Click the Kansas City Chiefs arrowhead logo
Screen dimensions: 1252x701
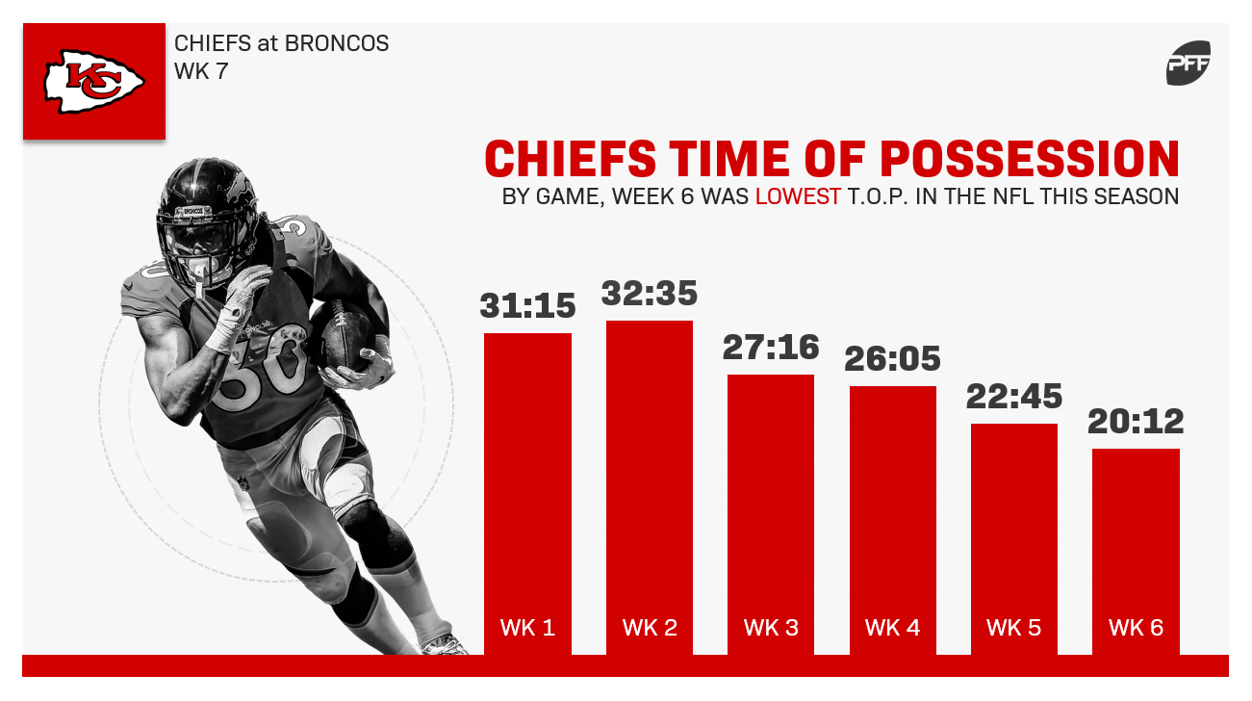point(94,82)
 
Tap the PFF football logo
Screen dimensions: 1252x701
point(1188,63)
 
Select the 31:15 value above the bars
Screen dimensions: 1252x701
point(527,306)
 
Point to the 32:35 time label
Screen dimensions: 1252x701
point(650,293)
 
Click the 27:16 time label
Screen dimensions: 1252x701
point(771,348)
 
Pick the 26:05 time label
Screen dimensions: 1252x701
point(893,358)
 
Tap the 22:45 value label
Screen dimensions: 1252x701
point(1014,397)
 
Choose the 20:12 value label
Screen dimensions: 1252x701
point(1136,421)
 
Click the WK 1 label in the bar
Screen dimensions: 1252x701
point(527,628)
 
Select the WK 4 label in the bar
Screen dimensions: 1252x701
point(893,628)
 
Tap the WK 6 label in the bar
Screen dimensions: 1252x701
point(1136,628)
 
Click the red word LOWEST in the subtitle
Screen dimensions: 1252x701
point(798,197)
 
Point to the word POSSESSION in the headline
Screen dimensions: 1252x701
point(1030,159)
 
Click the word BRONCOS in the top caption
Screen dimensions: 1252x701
point(337,43)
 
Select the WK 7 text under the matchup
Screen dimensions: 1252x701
point(201,71)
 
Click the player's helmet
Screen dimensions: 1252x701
point(207,221)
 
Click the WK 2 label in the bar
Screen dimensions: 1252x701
point(650,628)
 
